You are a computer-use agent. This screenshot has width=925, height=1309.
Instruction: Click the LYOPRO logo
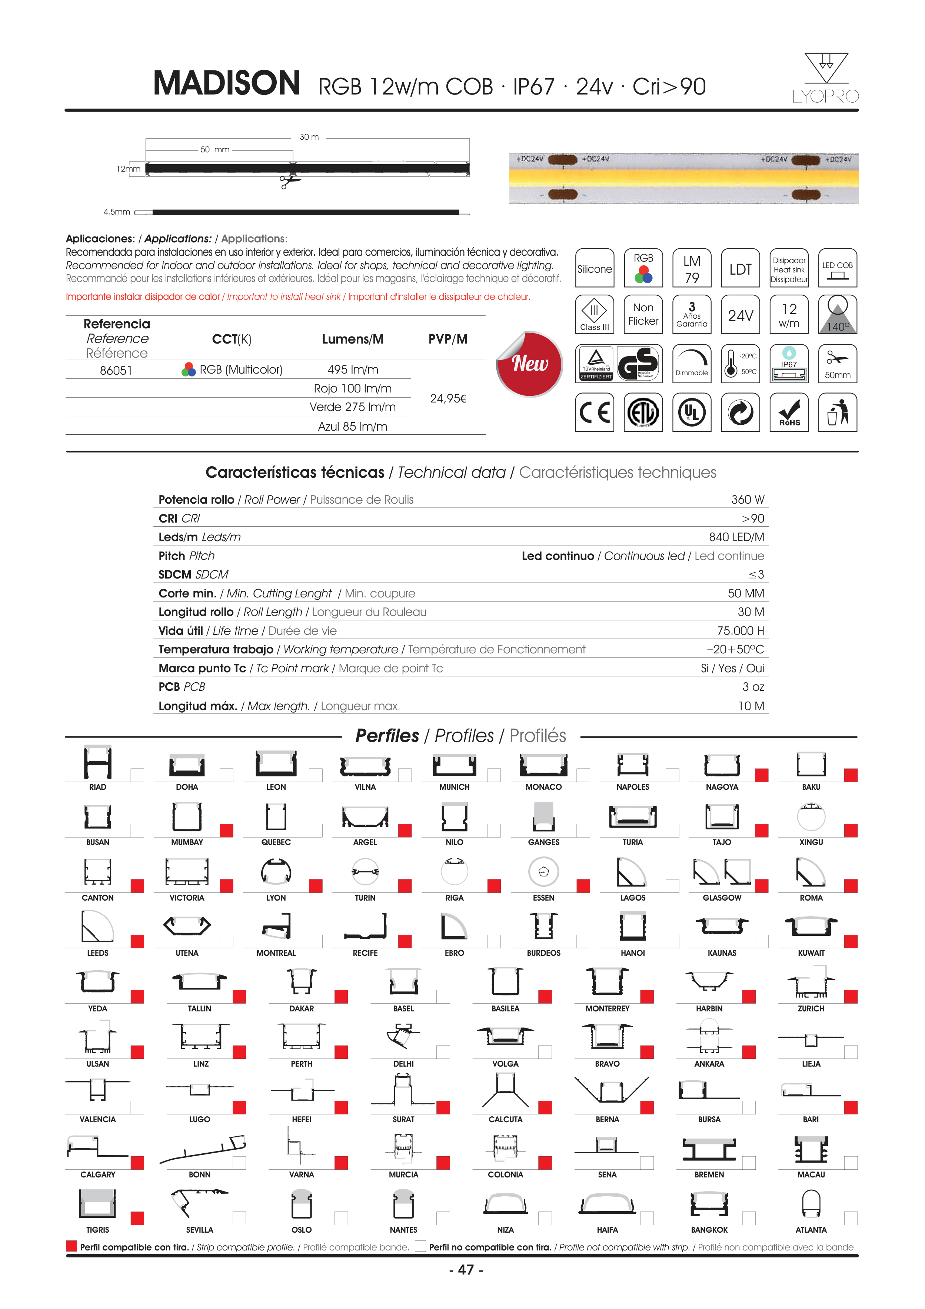[x=825, y=79]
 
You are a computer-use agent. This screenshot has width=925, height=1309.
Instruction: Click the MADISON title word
[x=226, y=83]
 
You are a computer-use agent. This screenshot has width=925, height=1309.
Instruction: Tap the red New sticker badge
[x=529, y=364]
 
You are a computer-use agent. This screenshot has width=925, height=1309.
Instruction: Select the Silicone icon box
[x=595, y=268]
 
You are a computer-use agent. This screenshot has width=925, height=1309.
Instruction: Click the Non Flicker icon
[x=643, y=314]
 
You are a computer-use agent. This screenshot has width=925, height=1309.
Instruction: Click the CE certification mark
[x=595, y=412]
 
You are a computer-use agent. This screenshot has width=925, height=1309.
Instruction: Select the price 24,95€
[x=448, y=398]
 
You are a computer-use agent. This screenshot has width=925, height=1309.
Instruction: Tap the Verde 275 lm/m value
[x=352, y=407]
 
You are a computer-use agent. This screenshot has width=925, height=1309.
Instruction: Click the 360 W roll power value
[x=747, y=500]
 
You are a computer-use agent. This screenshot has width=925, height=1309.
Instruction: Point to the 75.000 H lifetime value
[x=741, y=630]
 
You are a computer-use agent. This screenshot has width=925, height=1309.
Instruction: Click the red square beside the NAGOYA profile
[x=761, y=775]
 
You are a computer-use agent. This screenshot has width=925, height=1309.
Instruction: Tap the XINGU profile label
[x=811, y=842]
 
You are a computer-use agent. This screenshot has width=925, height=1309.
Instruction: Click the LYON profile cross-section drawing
[x=276, y=872]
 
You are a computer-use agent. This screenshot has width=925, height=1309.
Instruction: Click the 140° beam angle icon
[x=837, y=314]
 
